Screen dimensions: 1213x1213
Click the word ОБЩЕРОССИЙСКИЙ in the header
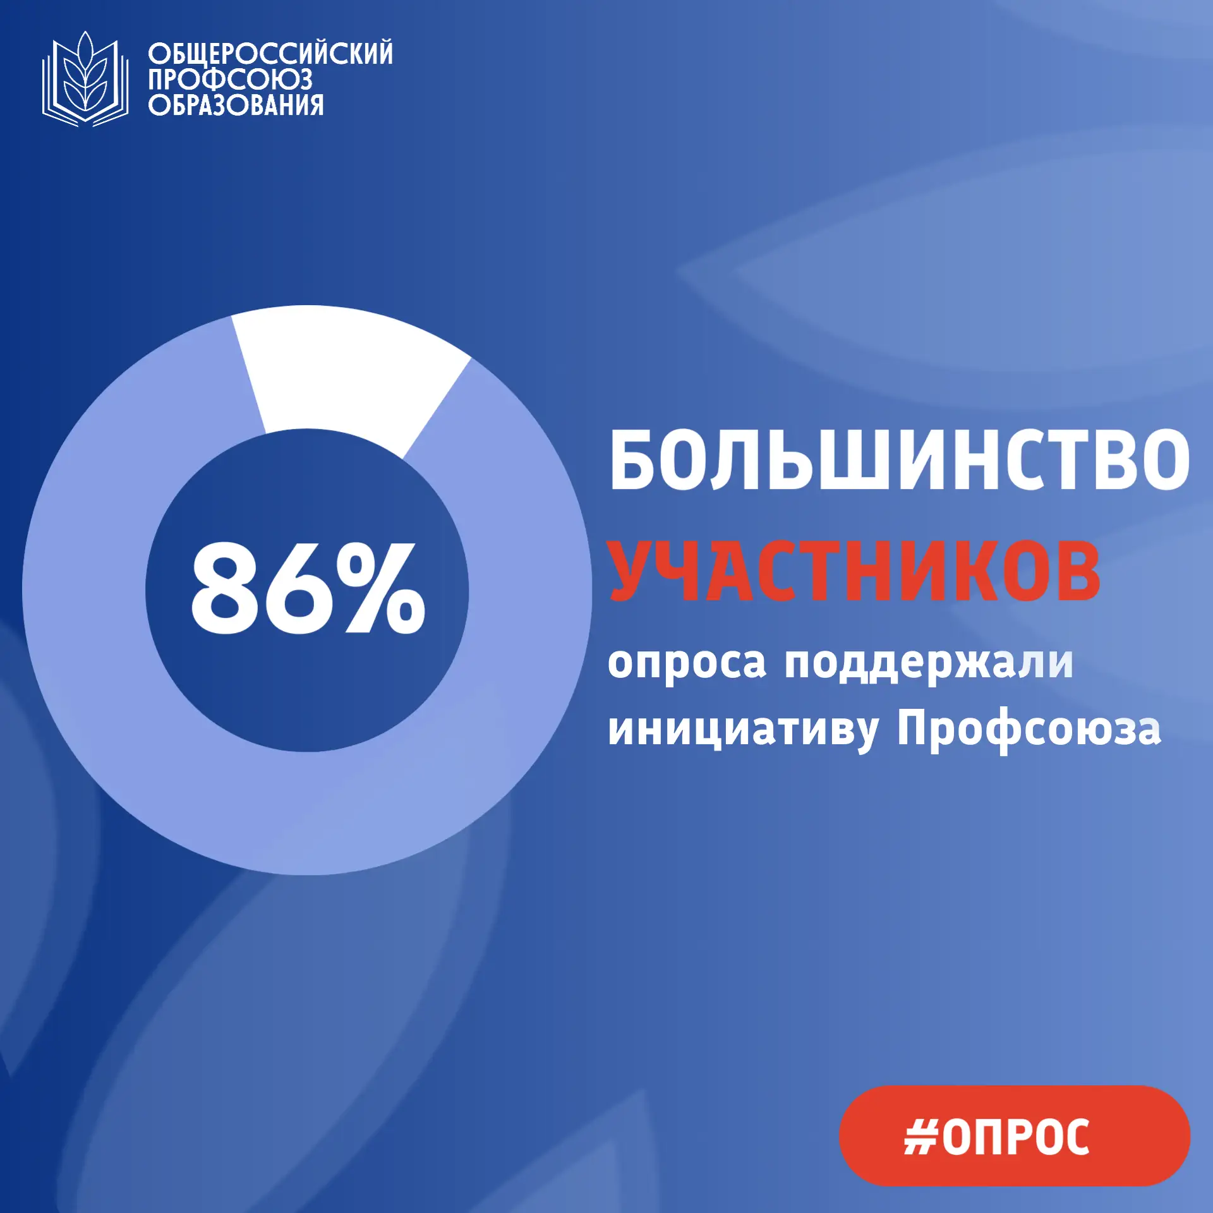coord(270,54)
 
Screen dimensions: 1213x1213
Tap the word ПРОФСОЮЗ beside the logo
coord(230,80)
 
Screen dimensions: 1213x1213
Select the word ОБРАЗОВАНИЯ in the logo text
coord(236,106)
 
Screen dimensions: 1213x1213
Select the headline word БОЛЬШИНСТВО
coord(899,460)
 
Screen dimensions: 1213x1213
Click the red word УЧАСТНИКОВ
coord(854,570)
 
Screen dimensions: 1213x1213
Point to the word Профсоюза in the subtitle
coord(1029,730)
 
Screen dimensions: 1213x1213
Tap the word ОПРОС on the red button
coord(1016,1137)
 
